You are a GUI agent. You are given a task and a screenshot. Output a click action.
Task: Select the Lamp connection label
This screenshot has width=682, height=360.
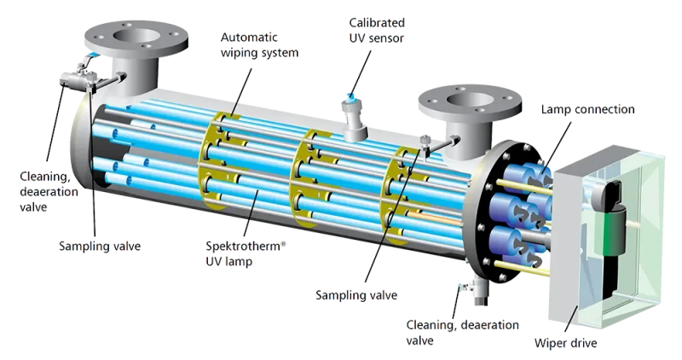(x=587, y=110)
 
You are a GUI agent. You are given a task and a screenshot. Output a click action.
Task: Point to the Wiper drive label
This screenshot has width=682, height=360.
(x=565, y=344)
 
